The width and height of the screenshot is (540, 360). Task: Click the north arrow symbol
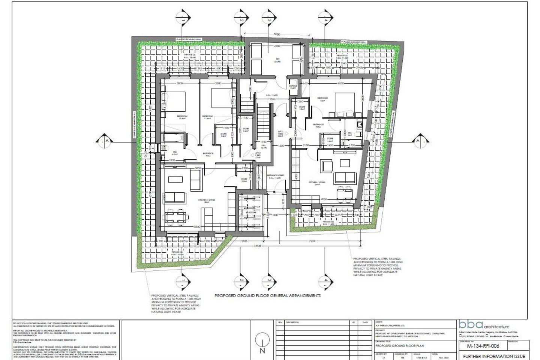[262, 342]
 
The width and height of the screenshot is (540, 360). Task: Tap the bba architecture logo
[484, 325]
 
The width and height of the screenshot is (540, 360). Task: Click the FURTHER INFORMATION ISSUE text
[494, 356]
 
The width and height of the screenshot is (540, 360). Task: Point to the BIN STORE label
[277, 60]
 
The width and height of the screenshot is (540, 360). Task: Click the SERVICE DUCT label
[293, 87]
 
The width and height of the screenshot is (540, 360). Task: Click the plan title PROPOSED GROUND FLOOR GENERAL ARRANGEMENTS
[267, 295]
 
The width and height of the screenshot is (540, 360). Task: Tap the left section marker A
[106, 140]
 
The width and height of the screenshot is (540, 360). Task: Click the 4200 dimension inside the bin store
[277, 46]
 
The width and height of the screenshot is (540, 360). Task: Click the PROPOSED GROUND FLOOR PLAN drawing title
[399, 345]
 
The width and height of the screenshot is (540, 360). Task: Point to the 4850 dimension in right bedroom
[340, 83]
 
